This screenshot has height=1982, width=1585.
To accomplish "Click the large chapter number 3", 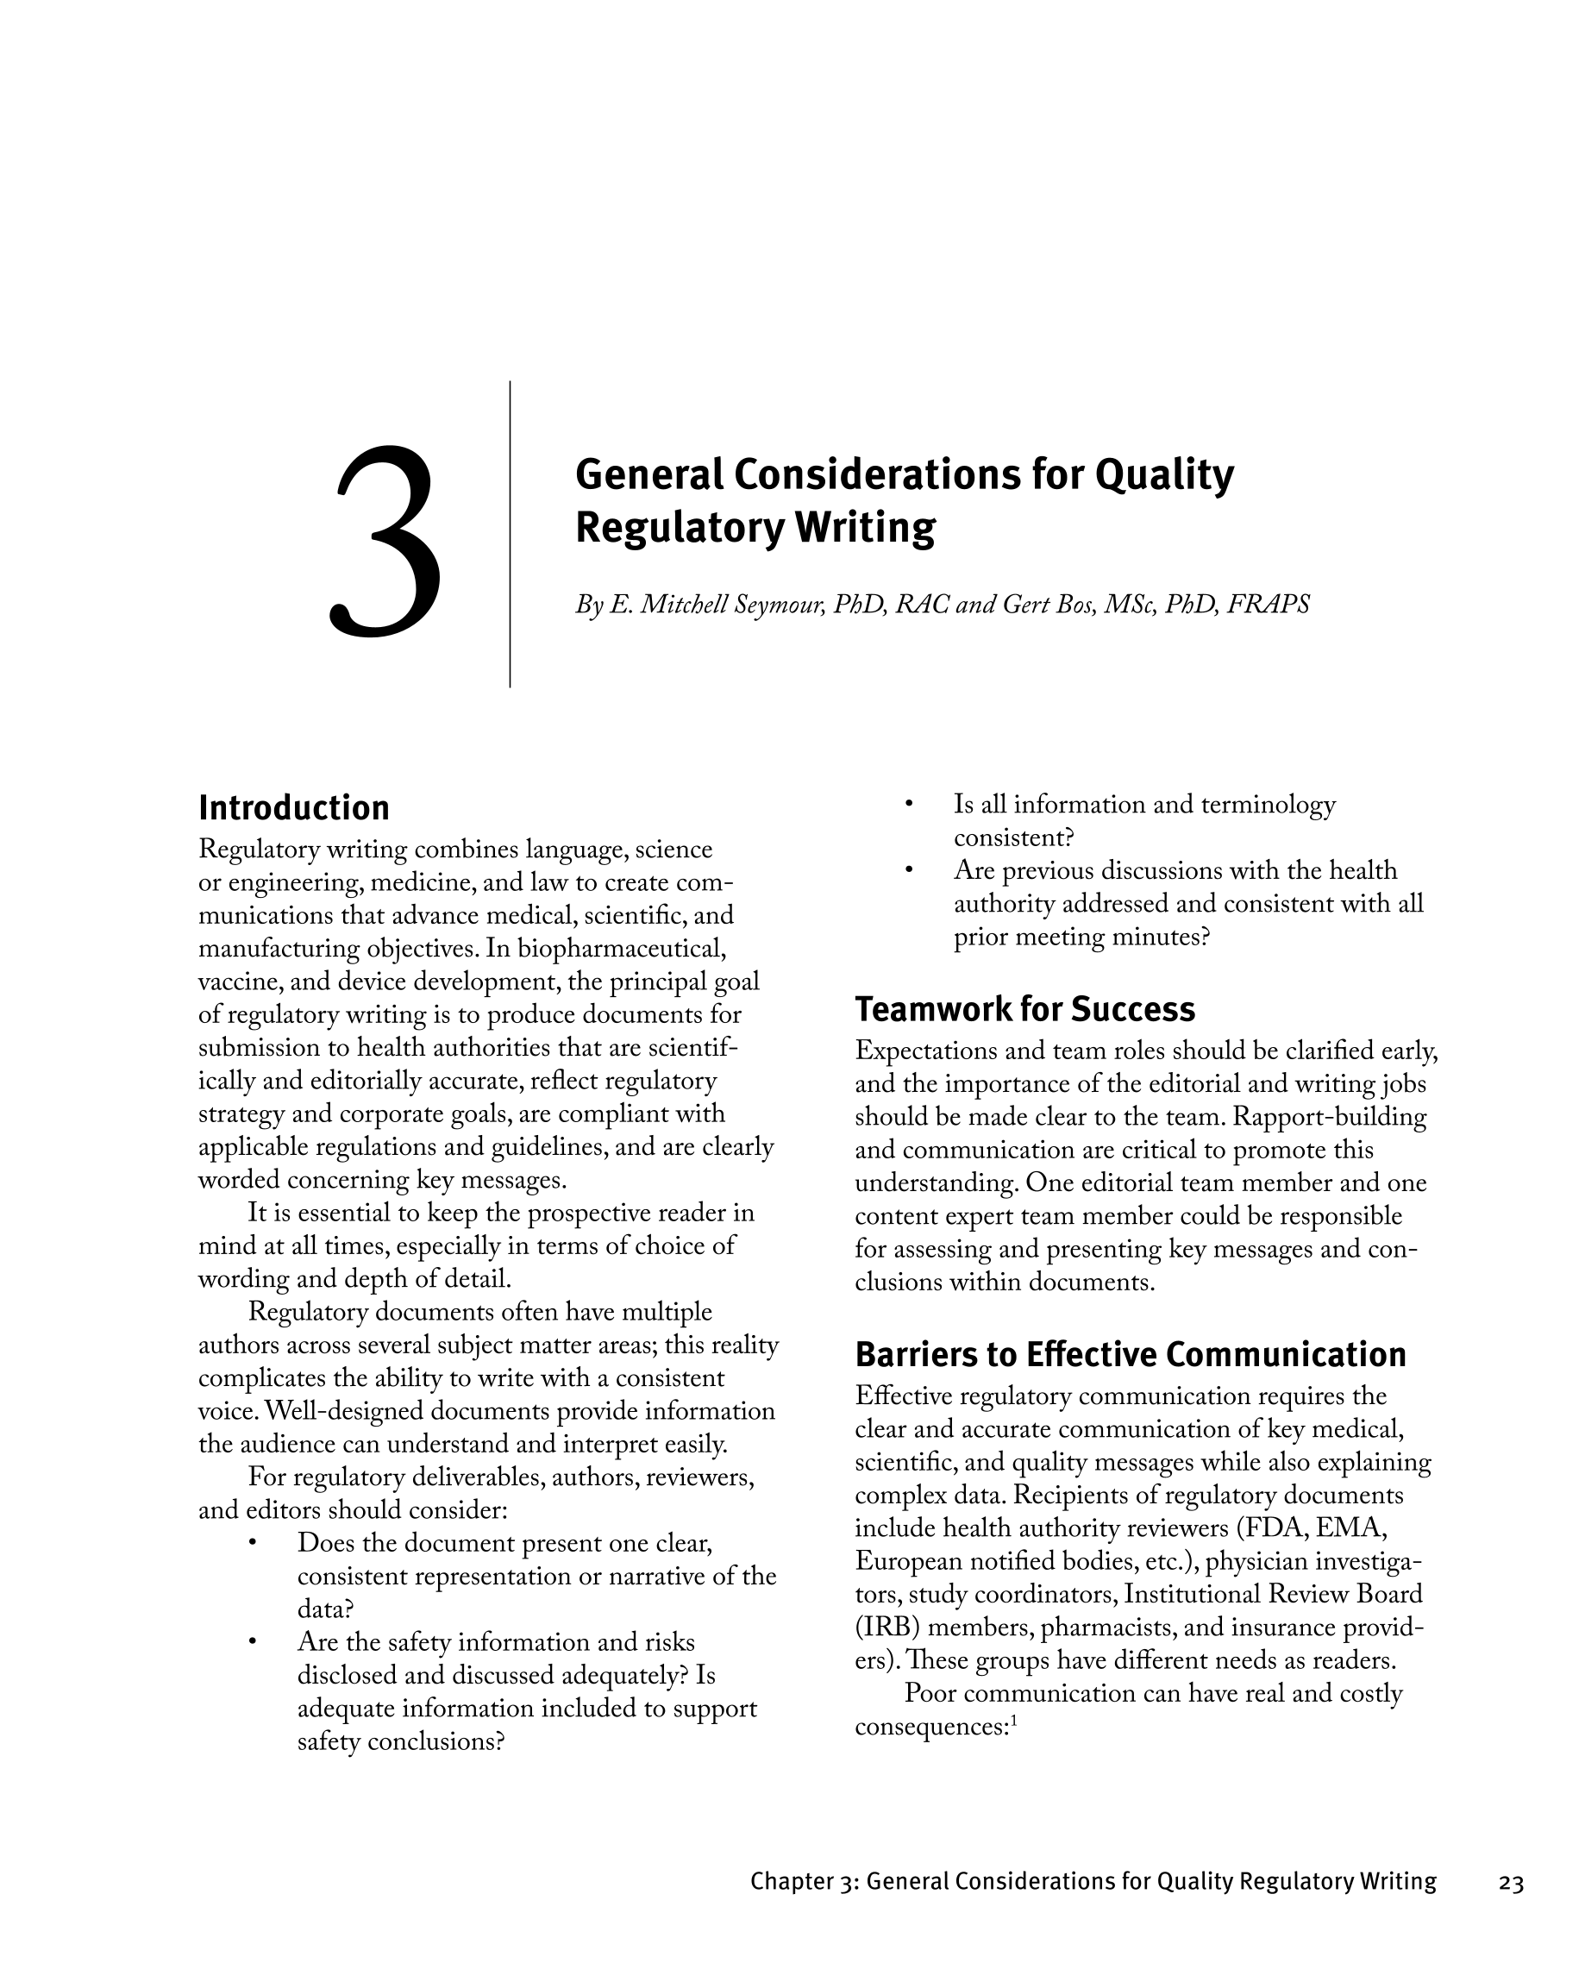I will coord(386,543).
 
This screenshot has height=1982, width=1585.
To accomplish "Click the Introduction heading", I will coord(294,808).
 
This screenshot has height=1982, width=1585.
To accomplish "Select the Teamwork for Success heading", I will coord(1024,1009).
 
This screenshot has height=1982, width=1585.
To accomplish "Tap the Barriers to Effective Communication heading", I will coord(1130,1355).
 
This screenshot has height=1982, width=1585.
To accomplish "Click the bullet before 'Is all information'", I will coord(907,805).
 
